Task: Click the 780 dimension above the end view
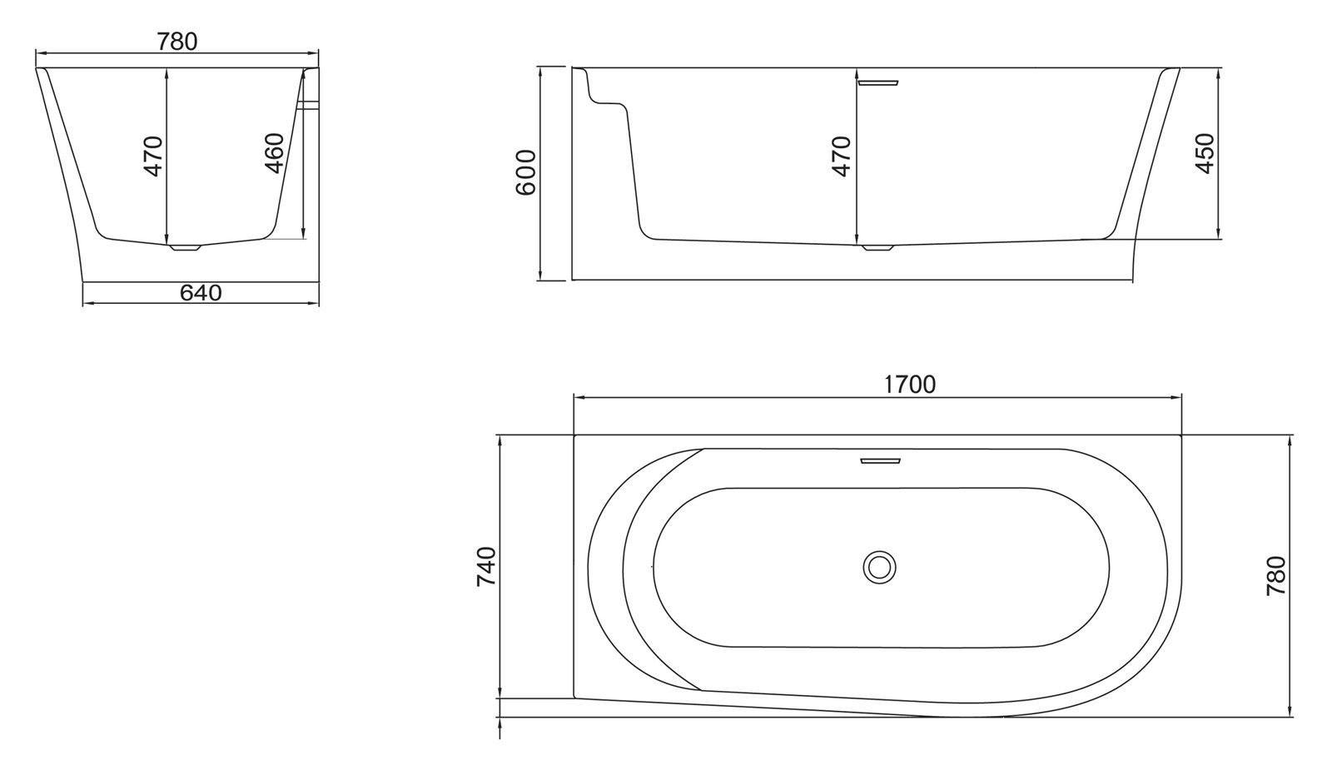176,42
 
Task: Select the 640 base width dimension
201,292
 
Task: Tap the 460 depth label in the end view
274,153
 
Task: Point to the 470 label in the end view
153,156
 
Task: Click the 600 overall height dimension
525,172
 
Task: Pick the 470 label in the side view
842,156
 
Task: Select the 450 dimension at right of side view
1205,153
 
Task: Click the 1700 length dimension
909,385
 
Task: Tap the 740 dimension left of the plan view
486,567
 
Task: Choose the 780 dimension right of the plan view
1276,576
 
